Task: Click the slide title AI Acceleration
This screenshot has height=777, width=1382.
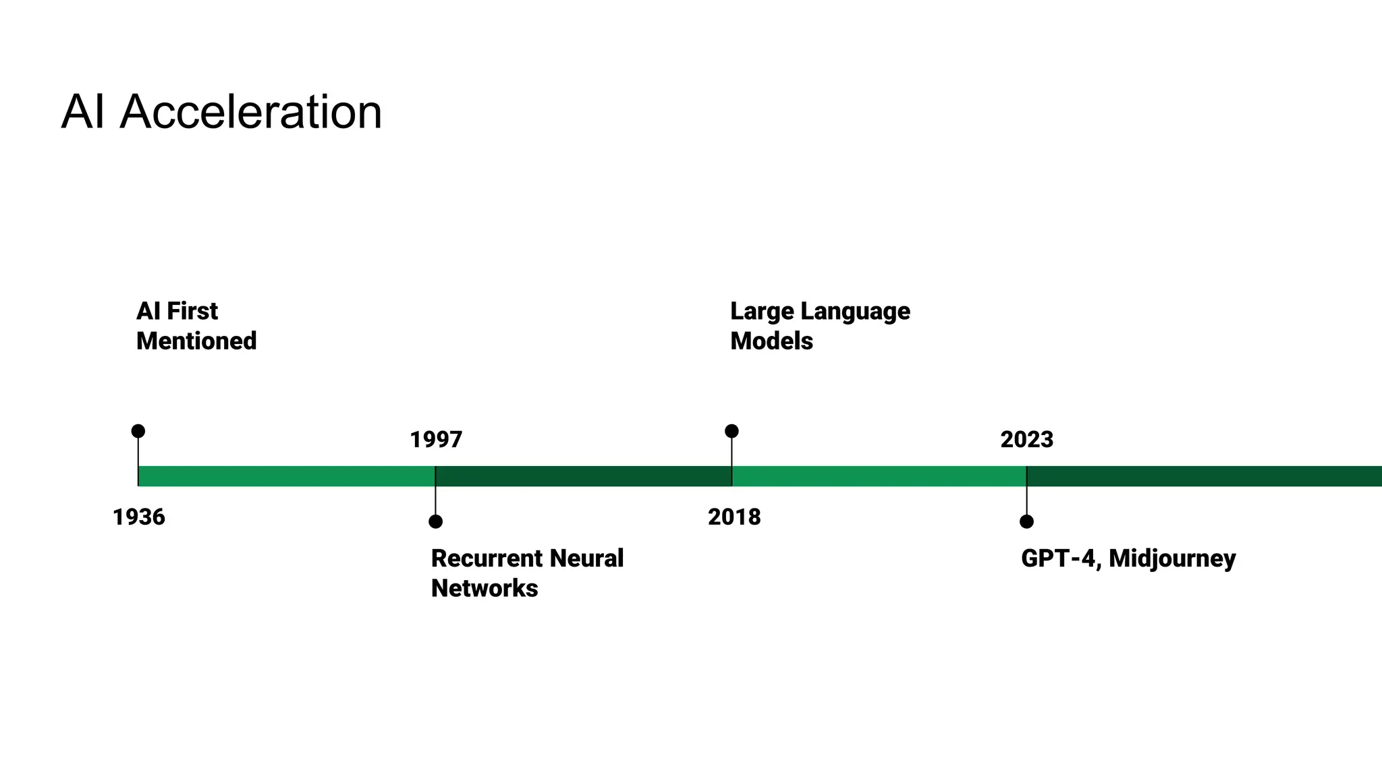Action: click(221, 112)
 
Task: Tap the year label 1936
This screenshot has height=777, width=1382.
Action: click(139, 517)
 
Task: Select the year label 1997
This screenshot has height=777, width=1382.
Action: click(436, 440)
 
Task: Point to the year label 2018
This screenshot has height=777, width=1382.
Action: click(734, 517)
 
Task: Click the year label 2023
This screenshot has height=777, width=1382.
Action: click(1026, 440)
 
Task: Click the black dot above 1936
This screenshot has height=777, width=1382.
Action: click(138, 431)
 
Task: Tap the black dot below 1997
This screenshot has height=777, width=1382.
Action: click(436, 521)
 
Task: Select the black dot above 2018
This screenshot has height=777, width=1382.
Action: click(731, 431)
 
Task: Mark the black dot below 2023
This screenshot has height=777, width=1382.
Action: click(1026, 521)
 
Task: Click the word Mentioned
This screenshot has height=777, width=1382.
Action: click(196, 341)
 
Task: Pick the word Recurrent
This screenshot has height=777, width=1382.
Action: click(487, 558)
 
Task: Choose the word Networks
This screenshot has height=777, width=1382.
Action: click(485, 588)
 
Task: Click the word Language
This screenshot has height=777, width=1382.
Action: click(855, 312)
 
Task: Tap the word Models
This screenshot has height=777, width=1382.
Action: click(771, 341)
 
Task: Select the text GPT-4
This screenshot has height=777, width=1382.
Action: click(1059, 558)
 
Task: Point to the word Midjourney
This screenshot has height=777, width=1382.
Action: click(1172, 559)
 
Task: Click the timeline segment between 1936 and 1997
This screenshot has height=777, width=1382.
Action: click(287, 476)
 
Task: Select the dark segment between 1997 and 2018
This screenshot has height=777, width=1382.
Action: click(584, 476)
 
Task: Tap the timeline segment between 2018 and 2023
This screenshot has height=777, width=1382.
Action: click(879, 476)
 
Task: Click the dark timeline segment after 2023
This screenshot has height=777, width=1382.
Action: click(1205, 476)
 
